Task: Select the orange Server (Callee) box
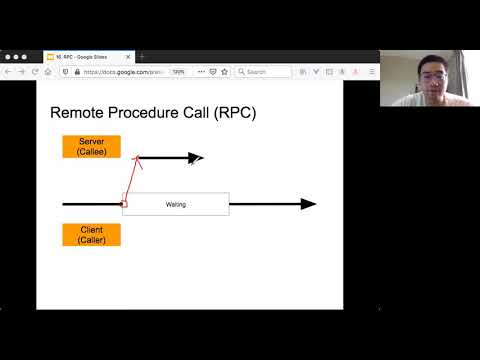click(91, 146)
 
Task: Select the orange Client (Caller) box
click(91, 235)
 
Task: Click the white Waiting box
click(175, 204)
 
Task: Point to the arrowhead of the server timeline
click(197, 158)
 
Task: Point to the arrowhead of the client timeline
click(309, 204)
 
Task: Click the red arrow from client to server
click(130, 180)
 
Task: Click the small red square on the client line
click(123, 204)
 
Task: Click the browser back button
click(9, 72)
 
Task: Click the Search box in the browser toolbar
click(265, 72)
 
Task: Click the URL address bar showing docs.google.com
click(125, 72)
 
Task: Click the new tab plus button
click(142, 57)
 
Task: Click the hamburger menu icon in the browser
click(372, 72)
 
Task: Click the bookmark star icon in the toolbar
click(225, 72)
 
